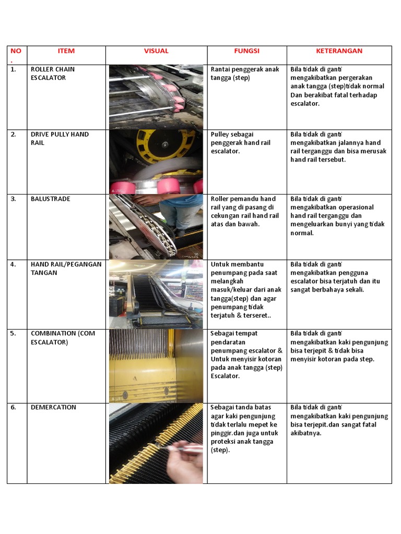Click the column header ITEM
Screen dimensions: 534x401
(x=66, y=51)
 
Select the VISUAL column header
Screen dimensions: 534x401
(x=156, y=51)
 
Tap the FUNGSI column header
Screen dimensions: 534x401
(x=247, y=51)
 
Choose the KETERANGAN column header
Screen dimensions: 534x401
(x=339, y=51)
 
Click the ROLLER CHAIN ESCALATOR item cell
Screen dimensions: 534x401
(x=52, y=74)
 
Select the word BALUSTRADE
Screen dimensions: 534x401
(x=50, y=199)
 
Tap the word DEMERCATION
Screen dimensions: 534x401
(x=53, y=407)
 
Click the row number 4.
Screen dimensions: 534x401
(x=13, y=264)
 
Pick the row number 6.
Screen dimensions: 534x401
(x=13, y=407)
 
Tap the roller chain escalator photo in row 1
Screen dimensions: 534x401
(x=156, y=96)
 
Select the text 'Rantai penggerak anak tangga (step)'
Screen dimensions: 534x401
(x=244, y=74)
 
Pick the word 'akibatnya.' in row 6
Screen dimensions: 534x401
(x=306, y=433)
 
